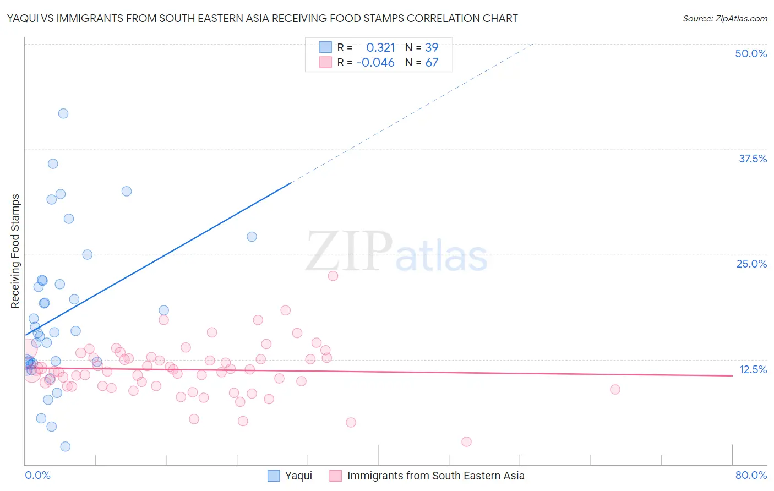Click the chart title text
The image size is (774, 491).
pyautogui.click(x=263, y=18)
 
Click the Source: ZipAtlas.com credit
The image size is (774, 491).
pyautogui.click(x=724, y=18)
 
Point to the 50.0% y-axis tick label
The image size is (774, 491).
pyautogui.click(x=751, y=53)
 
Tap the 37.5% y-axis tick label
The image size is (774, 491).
pyautogui.click(x=753, y=159)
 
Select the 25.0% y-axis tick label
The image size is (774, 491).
pyautogui.click(x=751, y=264)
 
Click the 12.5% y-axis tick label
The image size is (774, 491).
pyautogui.click(x=753, y=369)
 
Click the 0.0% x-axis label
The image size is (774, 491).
pyautogui.click(x=37, y=475)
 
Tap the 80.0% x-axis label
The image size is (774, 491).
pyautogui.click(x=751, y=475)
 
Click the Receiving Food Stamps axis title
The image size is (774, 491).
pyautogui.click(x=15, y=251)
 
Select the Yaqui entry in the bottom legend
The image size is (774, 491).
pyautogui.click(x=298, y=476)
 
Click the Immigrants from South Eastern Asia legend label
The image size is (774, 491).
pyautogui.click(x=435, y=476)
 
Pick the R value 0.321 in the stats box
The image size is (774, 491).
pyautogui.click(x=380, y=48)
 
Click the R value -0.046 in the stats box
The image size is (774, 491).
pyautogui.click(x=375, y=63)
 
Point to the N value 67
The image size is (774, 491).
pyautogui.click(x=432, y=63)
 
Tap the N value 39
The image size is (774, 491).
pyautogui.click(x=432, y=48)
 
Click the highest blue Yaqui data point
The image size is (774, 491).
pyautogui.click(x=63, y=113)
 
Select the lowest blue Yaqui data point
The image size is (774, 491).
pyautogui.click(x=66, y=446)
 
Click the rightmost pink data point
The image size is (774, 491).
pyautogui.click(x=615, y=389)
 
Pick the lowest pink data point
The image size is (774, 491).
pyautogui.click(x=466, y=441)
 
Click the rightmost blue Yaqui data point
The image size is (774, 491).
pyautogui.click(x=252, y=237)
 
